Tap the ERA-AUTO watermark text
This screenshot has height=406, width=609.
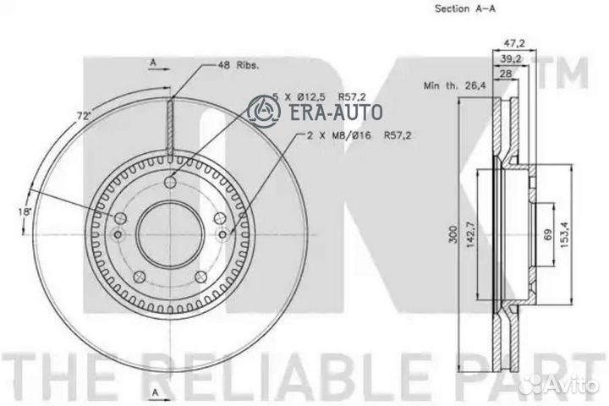(x=337, y=111)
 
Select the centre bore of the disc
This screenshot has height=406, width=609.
(x=170, y=229)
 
